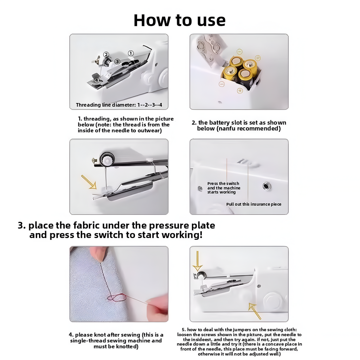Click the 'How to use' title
coord(180,20)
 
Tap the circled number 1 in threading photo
coord(130,53)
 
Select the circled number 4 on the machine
coord(96,80)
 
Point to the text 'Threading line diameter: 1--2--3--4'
coord(121,105)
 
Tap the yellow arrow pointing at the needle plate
coord(89,182)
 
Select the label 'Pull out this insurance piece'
coord(253,204)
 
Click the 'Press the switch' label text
coord(223,184)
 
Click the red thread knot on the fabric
coord(117,297)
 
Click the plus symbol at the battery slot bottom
coord(240,91)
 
